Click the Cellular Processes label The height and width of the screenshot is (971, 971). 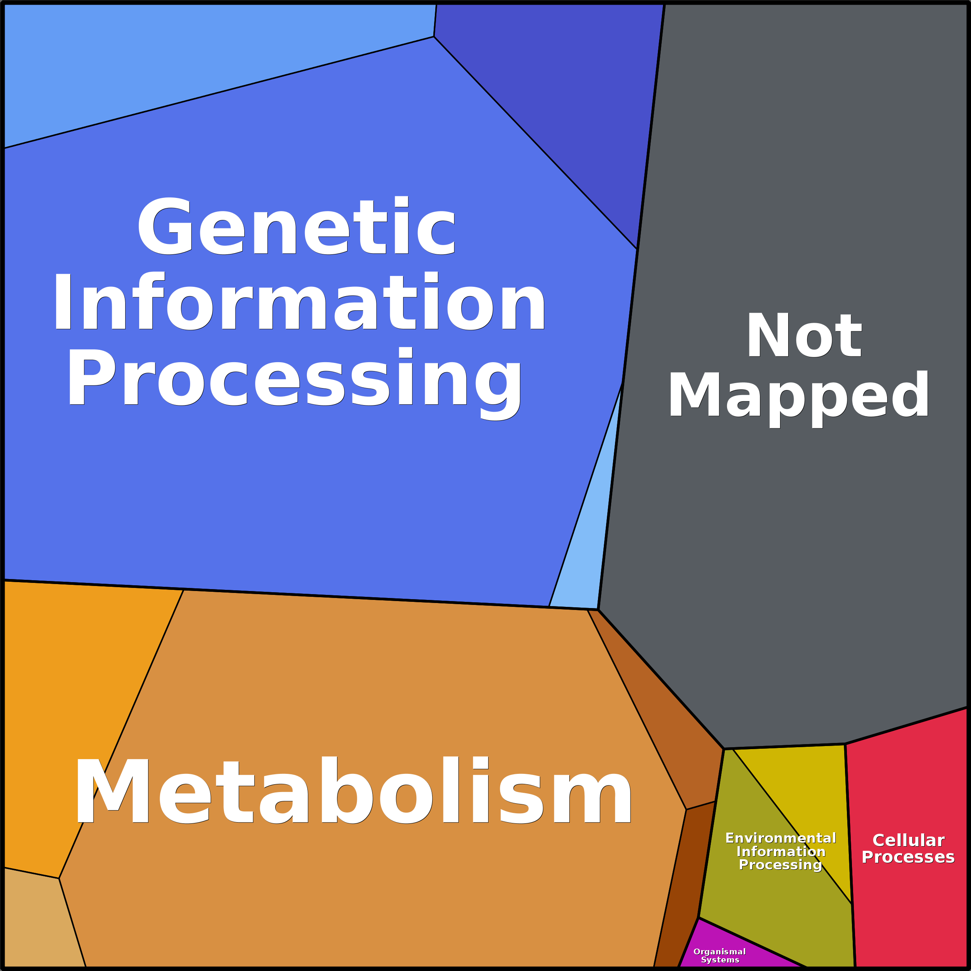tap(908, 849)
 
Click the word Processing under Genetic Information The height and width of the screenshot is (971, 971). tap(295, 380)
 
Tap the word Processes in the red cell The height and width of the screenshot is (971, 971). tap(908, 857)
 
